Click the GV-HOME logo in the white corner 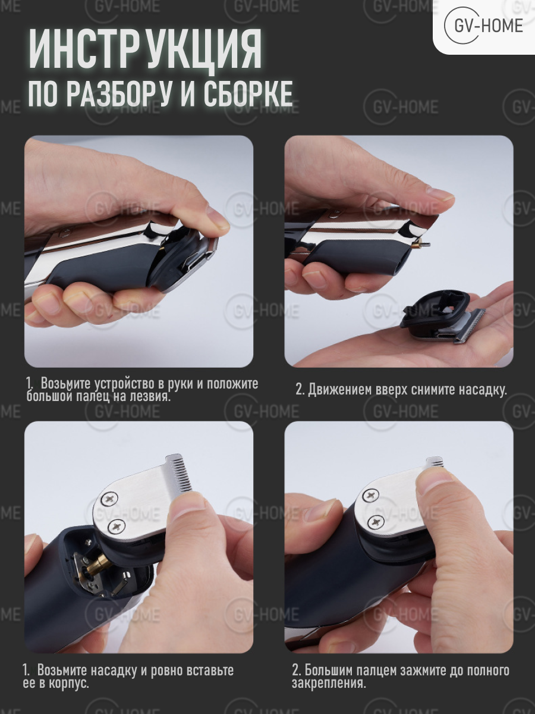(483, 26)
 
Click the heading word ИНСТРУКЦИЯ (145, 49)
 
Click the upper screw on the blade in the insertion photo (111, 499)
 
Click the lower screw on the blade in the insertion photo (115, 525)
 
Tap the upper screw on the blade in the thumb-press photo (370, 496)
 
